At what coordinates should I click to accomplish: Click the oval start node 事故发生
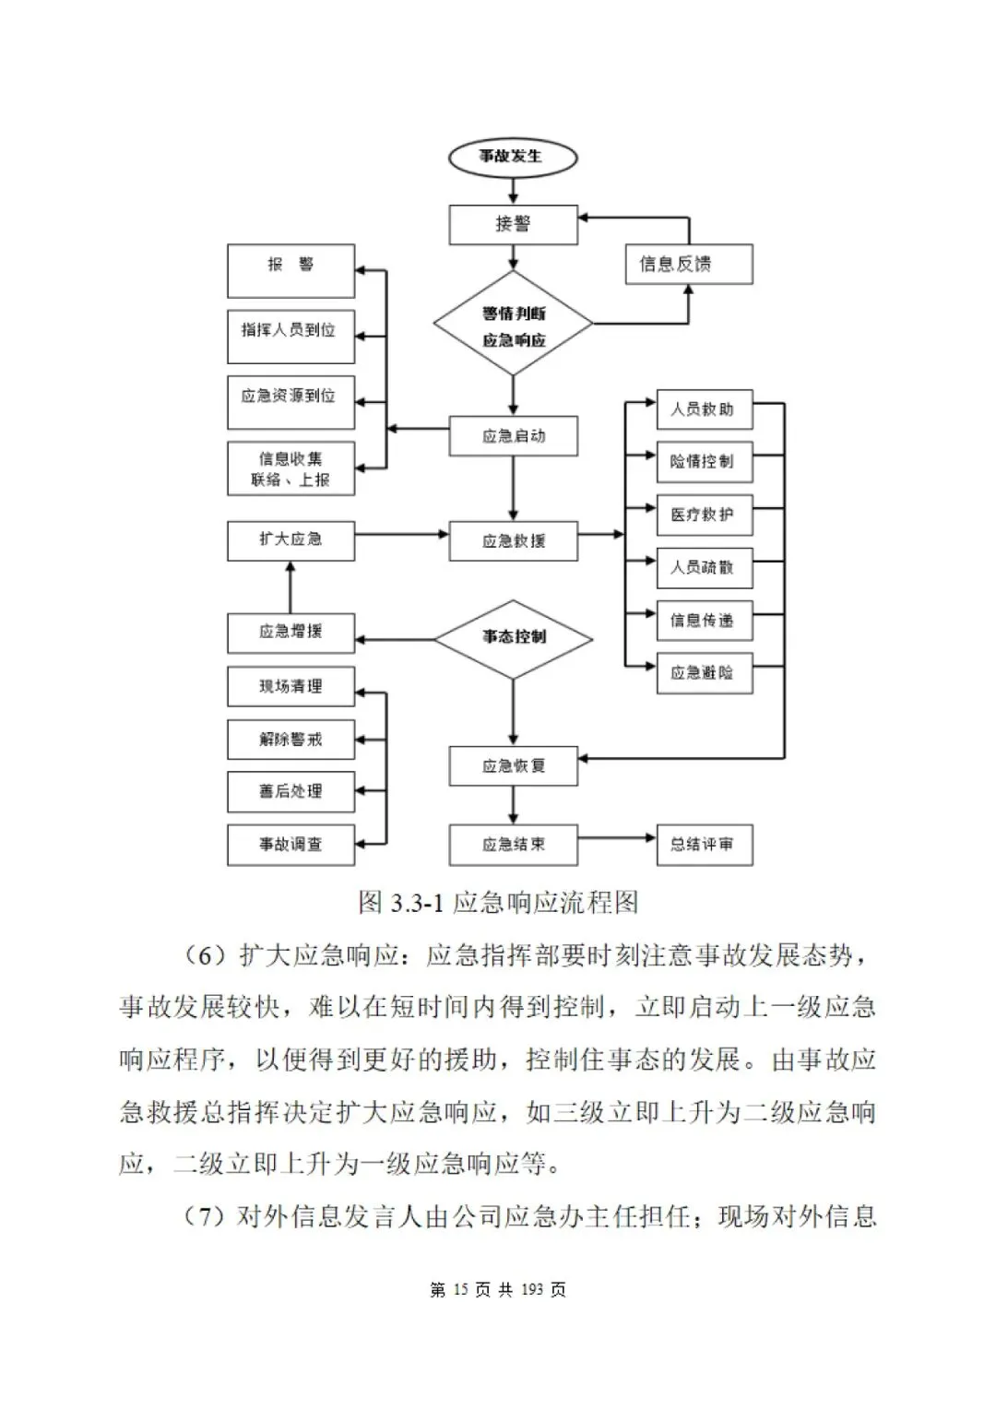pos(513,157)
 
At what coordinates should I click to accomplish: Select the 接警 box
pos(513,224)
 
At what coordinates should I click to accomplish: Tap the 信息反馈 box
pos(689,265)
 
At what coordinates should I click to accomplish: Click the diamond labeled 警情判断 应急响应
pos(513,325)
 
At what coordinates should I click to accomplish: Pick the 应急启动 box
pos(513,436)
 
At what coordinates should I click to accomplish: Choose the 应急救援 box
pos(513,541)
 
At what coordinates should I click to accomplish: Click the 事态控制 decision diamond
pos(513,637)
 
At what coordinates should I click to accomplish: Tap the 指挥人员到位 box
pos(290,336)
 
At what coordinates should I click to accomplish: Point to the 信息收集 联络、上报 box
pos(290,468)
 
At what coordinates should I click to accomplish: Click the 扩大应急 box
pos(290,540)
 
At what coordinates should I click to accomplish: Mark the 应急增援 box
pos(290,633)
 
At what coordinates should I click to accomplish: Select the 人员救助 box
pos(704,410)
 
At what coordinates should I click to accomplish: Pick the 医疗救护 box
pos(704,515)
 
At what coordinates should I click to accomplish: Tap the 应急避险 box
pos(704,673)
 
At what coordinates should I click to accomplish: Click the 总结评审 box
pos(704,845)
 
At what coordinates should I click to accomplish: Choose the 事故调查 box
pos(290,845)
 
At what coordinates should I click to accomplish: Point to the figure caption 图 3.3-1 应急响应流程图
pos(498,902)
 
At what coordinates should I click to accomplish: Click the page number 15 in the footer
pos(461,1290)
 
